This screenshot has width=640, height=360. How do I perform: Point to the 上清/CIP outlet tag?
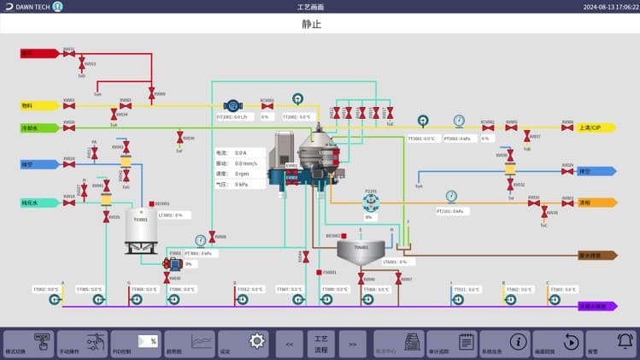596,127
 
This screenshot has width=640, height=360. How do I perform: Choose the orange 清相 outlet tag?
596,203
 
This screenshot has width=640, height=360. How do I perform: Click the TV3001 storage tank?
138,228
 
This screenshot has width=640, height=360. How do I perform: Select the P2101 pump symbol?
370,202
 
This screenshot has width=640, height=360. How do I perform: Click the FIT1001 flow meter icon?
232,105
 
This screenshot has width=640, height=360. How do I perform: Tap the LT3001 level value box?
170,215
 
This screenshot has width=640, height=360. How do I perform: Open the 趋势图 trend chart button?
190,343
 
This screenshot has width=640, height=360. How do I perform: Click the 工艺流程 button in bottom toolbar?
321,343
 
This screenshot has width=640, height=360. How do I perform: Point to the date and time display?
610,7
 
